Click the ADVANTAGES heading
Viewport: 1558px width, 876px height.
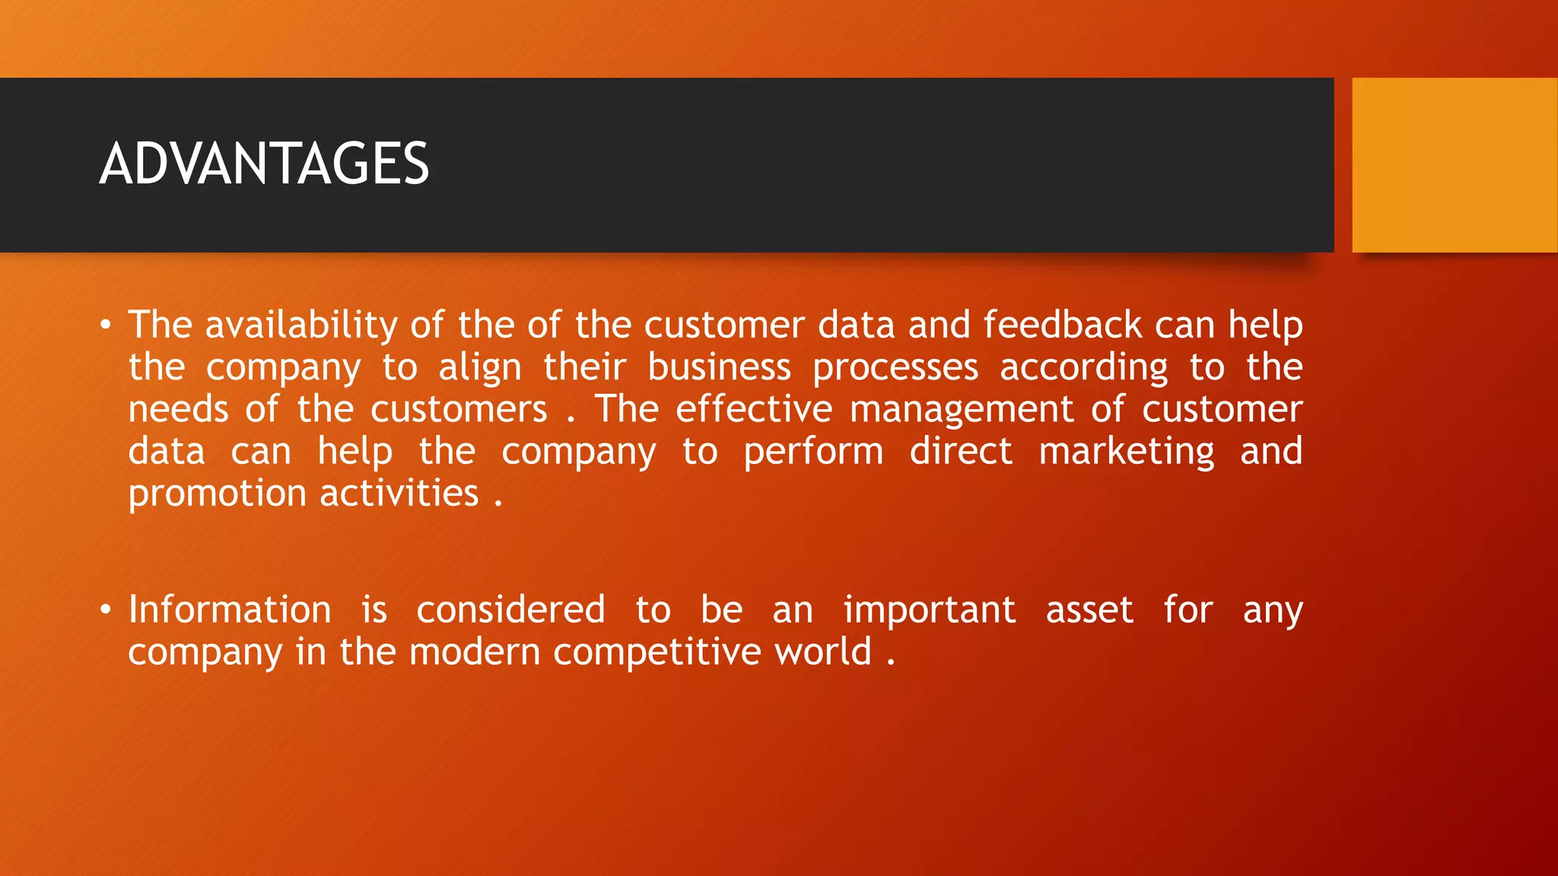click(x=264, y=164)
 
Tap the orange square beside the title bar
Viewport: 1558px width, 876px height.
click(x=1454, y=165)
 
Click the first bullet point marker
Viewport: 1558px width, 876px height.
click(x=106, y=326)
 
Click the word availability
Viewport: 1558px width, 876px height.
click(x=301, y=325)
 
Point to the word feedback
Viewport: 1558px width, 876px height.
click(x=1062, y=325)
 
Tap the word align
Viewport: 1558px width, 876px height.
click(x=480, y=368)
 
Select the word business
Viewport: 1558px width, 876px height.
click(x=719, y=368)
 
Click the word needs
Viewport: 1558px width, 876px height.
click(x=178, y=410)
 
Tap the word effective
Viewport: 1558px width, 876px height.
click(x=754, y=410)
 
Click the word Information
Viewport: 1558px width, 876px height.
click(x=230, y=610)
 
